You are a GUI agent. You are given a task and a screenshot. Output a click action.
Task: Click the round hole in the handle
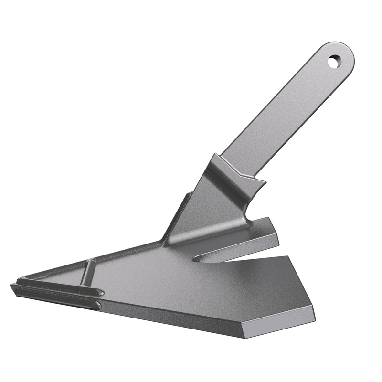(335, 61)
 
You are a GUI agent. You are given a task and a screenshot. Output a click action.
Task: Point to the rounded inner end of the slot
(197, 259)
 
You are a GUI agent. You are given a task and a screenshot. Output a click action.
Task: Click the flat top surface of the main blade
(191, 286)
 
